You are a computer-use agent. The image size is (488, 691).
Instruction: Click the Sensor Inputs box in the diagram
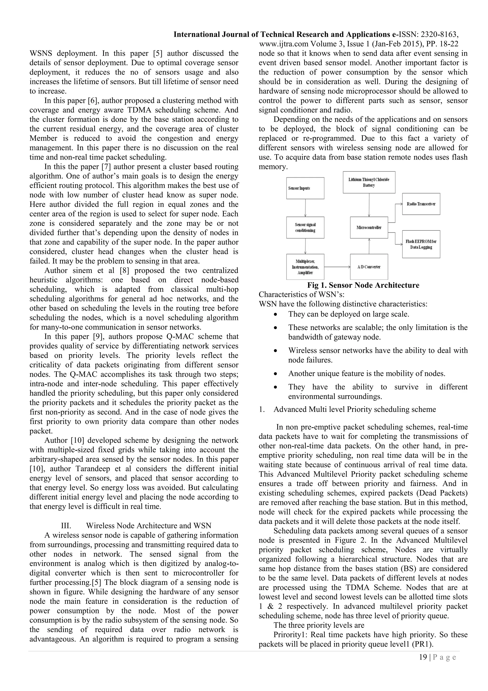coord(305,188)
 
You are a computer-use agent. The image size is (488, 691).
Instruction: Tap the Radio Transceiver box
coord(421,204)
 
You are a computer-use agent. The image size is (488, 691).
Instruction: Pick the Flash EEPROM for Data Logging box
coord(421,244)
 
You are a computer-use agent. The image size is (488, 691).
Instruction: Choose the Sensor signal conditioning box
coord(305,228)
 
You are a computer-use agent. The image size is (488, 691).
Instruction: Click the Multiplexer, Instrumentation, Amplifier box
coord(305,267)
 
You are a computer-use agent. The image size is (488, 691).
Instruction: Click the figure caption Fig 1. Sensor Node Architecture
coord(363,285)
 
